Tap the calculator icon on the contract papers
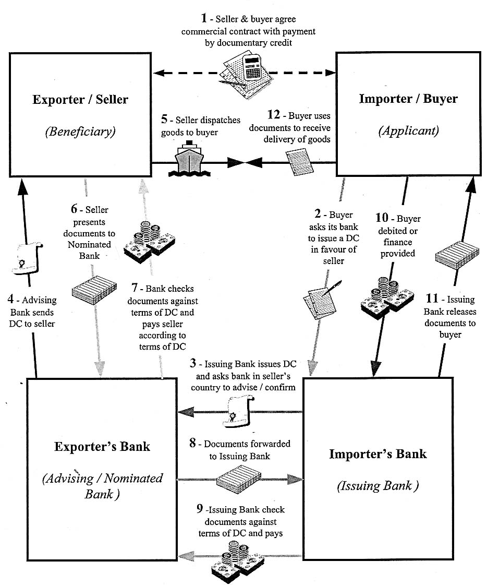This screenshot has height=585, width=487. click(253, 67)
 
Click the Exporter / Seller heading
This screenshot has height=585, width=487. click(80, 100)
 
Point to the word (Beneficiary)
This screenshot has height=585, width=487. click(80, 131)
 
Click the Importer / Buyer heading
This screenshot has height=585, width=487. click(408, 99)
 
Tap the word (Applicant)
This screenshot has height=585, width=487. click(408, 130)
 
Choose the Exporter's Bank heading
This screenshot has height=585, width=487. click(102, 447)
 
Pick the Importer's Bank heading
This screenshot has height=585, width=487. click(378, 454)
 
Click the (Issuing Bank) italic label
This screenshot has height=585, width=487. click(378, 486)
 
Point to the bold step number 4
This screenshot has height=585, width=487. click(11, 300)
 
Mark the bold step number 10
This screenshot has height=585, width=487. click(382, 219)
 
